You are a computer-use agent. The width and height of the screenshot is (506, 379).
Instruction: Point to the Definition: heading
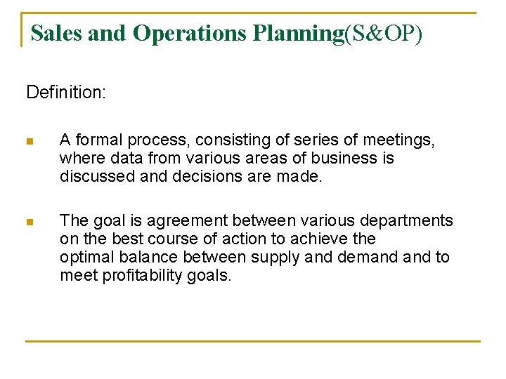[x=66, y=93]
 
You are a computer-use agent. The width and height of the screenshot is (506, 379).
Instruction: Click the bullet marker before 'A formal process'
[x=30, y=141]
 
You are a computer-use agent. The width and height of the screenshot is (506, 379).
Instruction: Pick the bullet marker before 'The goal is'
[x=30, y=222]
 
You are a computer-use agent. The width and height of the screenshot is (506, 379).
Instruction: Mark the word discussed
[x=98, y=177]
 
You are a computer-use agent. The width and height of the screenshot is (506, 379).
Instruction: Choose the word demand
[x=368, y=258]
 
